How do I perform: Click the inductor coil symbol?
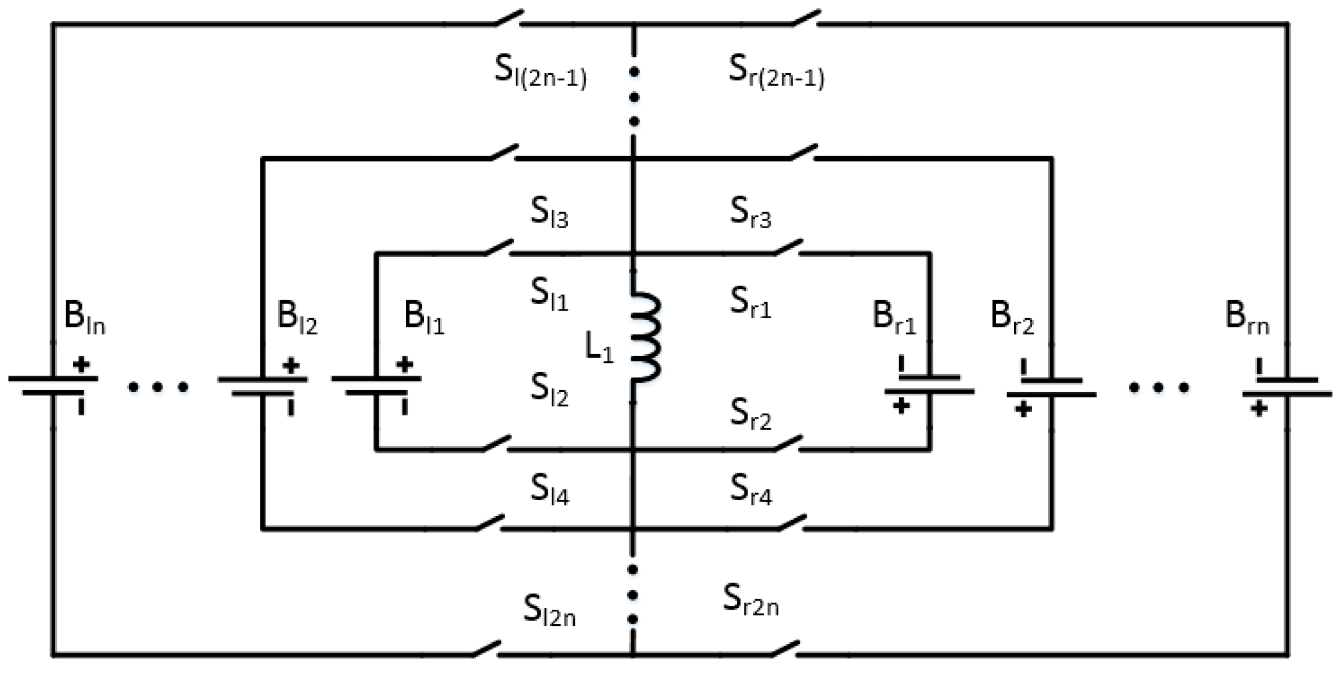[646, 337]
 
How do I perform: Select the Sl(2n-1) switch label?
[540, 72]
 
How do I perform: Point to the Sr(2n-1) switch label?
[776, 72]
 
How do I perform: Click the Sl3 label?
[549, 213]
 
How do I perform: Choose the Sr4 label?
[751, 490]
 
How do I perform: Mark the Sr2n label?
[750, 600]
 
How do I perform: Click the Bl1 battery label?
[424, 319]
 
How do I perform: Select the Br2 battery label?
[1012, 319]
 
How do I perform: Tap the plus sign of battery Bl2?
[291, 366]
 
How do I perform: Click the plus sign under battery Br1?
[901, 406]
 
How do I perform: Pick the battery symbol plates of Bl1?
[376, 386]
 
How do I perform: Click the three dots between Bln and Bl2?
[158, 387]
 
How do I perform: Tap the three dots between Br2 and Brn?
[1159, 387]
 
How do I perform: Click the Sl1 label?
[549, 294]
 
